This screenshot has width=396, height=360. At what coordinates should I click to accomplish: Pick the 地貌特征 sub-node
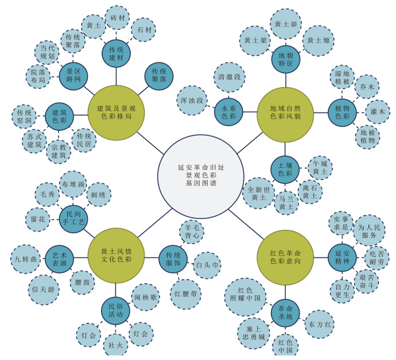click(285, 60)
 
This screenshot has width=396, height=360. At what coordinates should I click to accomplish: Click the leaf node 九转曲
click(27, 259)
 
